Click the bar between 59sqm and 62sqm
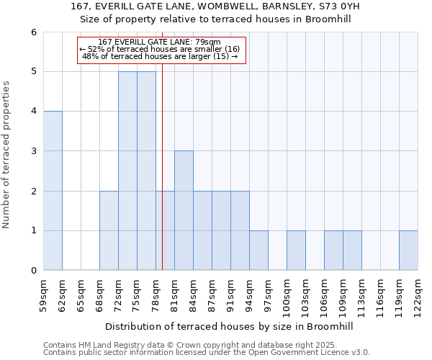[x=53, y=191]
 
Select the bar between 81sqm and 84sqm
[x=184, y=210]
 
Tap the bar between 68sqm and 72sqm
[x=109, y=230]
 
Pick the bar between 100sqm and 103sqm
[x=296, y=251]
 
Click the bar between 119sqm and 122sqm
[x=408, y=251]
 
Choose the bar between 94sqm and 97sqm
[x=258, y=251]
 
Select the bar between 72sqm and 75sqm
[x=127, y=171]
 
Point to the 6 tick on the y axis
[x=33, y=32]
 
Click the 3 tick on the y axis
[x=33, y=151]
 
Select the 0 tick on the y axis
[x=33, y=271]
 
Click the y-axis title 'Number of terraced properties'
[x=7, y=155]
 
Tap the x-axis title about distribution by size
[x=230, y=326]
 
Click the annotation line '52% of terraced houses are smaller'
[x=163, y=49]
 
